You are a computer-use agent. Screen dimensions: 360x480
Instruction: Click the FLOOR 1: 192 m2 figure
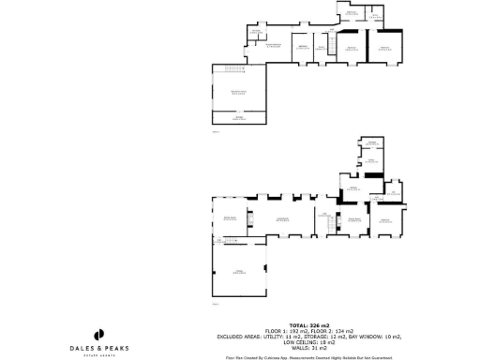pyautogui.click(x=286, y=331)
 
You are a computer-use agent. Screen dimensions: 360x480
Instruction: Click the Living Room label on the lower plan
pyautogui.click(x=280, y=219)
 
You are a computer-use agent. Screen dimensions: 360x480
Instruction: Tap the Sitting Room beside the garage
pyautogui.click(x=229, y=219)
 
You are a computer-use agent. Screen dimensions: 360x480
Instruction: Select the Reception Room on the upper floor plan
pyautogui.click(x=239, y=92)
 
